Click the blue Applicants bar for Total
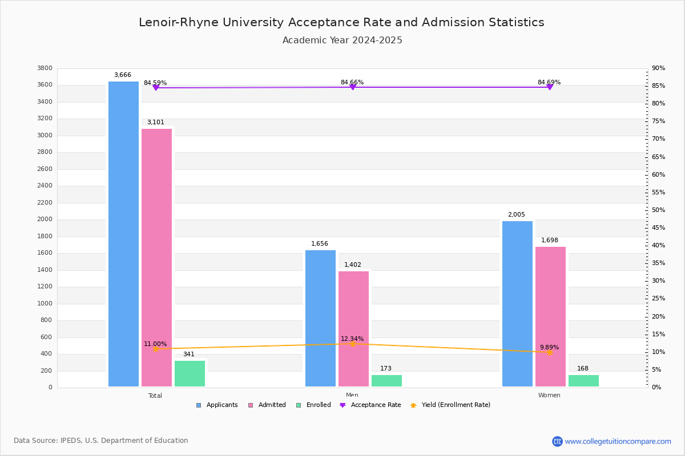[x=123, y=234]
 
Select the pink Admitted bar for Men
[x=353, y=329]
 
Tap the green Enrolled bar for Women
[x=583, y=381]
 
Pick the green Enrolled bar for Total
[x=190, y=373]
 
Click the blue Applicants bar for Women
[x=517, y=304]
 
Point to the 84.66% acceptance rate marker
[x=352, y=87]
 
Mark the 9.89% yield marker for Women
[x=549, y=352]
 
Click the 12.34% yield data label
[x=352, y=339]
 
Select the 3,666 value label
[x=123, y=75]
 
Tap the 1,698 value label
[x=550, y=241]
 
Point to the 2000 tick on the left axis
[x=46, y=219]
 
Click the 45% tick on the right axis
[x=658, y=228]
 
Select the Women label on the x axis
[x=549, y=396]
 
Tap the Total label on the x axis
[x=155, y=396]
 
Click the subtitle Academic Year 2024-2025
[x=342, y=40]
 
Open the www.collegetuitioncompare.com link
[x=618, y=441]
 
